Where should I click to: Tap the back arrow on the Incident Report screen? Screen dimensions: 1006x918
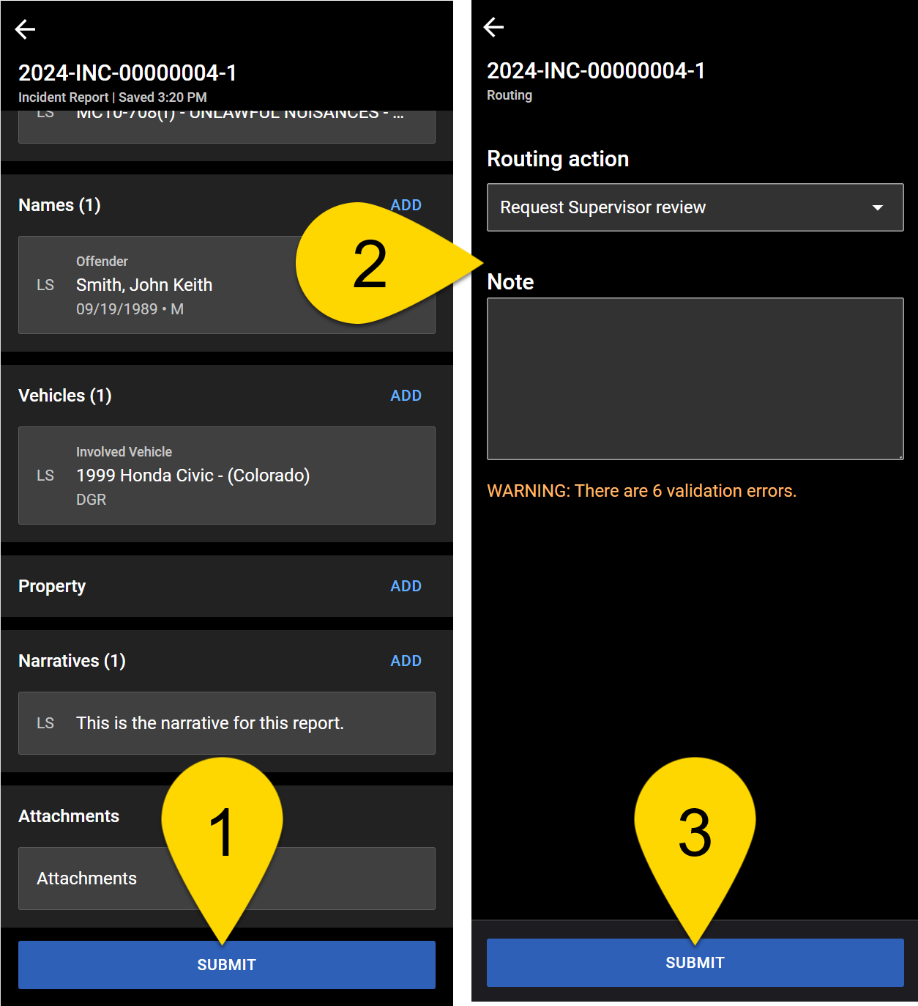(26, 29)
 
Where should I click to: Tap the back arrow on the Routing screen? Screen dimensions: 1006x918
(494, 27)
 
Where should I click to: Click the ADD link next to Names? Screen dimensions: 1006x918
(406, 205)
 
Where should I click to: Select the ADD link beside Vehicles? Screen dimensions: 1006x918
(406, 396)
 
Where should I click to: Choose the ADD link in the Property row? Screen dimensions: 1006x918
(406, 586)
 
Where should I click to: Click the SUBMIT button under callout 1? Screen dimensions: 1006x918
(227, 965)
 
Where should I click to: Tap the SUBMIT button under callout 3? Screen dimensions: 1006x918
(695, 963)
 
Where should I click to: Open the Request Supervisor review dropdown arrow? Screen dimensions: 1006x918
(877, 207)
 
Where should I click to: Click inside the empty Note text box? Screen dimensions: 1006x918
(695, 379)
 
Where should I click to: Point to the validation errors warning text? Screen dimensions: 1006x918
(641, 491)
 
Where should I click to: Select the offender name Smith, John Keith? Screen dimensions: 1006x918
(144, 285)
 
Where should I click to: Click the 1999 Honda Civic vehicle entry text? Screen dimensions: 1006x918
(193, 476)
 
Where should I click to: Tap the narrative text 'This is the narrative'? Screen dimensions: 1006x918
(209, 723)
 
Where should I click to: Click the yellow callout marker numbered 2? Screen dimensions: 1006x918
(370, 264)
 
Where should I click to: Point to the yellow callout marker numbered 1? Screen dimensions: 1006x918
(222, 832)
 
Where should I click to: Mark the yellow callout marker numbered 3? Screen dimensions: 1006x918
(695, 832)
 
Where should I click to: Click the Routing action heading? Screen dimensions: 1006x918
(558, 159)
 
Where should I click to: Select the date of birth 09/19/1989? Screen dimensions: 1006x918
(117, 309)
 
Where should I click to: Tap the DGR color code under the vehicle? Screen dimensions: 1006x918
(92, 500)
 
